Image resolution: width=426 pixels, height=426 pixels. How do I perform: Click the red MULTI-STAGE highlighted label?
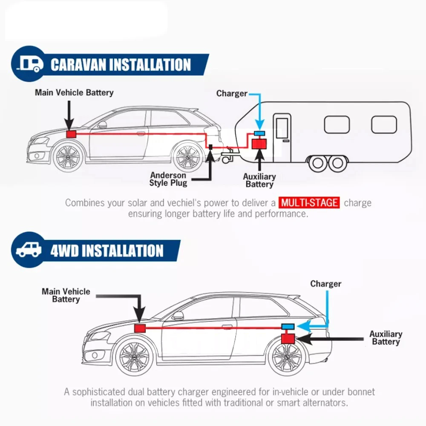click(x=310, y=202)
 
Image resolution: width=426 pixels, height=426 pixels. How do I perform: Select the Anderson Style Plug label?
click(x=168, y=179)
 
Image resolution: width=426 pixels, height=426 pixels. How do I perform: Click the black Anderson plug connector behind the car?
click(x=210, y=147)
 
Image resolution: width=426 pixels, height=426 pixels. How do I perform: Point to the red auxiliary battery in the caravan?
click(x=259, y=143)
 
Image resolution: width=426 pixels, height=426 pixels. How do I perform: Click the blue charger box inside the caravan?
click(x=259, y=134)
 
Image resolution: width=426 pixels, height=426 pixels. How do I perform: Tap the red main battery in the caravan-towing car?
click(x=71, y=134)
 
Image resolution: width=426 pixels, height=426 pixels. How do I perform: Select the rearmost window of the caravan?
click(x=384, y=124)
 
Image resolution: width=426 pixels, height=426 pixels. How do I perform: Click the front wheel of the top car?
click(x=68, y=156)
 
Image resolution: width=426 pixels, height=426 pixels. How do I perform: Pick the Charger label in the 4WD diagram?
click(x=325, y=284)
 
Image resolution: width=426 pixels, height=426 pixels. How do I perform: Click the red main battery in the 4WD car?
click(x=140, y=328)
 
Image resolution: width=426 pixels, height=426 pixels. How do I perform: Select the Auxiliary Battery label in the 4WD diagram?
click(x=386, y=338)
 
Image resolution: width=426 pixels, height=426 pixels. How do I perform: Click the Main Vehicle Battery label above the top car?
click(x=74, y=92)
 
